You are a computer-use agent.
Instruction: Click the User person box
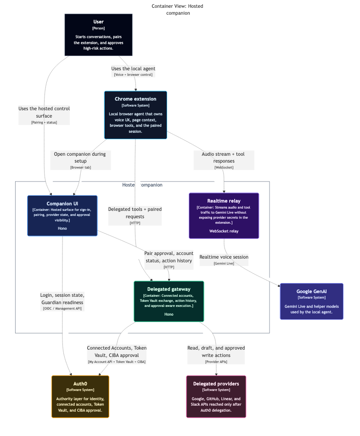coord(98,34)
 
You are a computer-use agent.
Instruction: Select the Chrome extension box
coord(135,115)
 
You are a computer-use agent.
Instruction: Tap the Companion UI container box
coord(62,215)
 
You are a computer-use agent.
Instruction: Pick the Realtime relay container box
coord(224,215)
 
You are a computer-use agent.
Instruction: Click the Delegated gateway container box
coord(169,301)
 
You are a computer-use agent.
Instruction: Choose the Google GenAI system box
coord(311,301)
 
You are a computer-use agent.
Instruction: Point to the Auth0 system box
coord(80,396)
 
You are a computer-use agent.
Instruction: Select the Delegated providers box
coord(216,396)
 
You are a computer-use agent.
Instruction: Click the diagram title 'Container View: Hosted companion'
coord(177,10)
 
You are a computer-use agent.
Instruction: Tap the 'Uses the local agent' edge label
coord(133,71)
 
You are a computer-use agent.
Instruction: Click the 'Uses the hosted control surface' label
coord(44,115)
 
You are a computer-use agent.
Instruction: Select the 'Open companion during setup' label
coord(80,160)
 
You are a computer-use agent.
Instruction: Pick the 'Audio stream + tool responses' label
coord(224,160)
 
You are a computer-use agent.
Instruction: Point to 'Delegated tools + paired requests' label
coord(135,215)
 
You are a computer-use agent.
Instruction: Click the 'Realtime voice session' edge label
coord(224,260)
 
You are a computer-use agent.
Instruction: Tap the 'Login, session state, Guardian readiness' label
coord(62,301)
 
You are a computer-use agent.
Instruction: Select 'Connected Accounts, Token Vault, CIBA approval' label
coord(117,354)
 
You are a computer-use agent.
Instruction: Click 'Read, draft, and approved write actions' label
coord(216,354)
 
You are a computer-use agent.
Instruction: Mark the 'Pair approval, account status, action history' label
coord(169,260)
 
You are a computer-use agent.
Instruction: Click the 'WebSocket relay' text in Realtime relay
coord(224,231)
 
